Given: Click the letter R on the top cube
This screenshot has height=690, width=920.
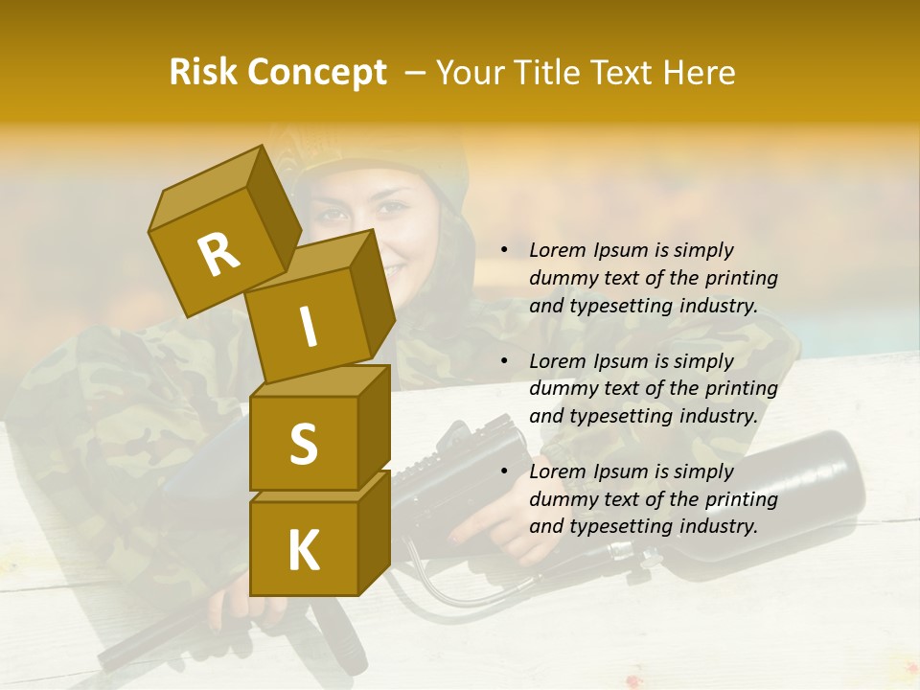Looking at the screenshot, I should (x=218, y=254).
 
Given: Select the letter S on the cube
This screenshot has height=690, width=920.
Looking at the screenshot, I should (x=303, y=444).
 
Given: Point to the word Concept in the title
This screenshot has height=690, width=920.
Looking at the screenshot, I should (x=316, y=73).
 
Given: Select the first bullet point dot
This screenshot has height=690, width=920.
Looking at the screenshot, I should (x=504, y=250).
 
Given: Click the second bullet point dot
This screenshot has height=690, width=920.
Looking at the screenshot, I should (x=504, y=361).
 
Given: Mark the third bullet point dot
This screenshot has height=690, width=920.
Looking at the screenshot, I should (x=504, y=471).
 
